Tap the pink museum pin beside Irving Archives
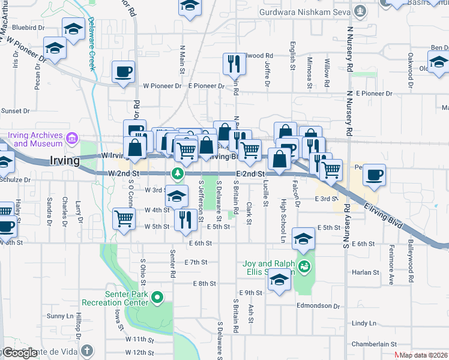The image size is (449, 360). [72, 139]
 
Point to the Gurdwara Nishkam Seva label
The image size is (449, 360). [304, 11]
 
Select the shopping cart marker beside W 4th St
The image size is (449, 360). [124, 218]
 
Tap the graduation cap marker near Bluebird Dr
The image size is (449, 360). [73, 29]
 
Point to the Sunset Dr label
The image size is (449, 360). [16, 111]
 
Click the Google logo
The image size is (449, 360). [20, 353]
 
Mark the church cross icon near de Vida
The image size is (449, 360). [87, 350]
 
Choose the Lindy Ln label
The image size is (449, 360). [364, 323]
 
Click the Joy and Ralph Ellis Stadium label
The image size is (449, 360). [268, 267]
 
